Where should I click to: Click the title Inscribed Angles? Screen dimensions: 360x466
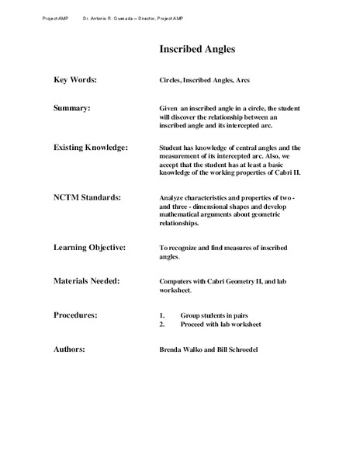pos(197,50)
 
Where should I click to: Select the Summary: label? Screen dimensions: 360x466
pos(75,107)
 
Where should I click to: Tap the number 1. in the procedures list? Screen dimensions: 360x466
pos(162,316)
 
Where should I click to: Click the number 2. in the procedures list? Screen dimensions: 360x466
pos(162,325)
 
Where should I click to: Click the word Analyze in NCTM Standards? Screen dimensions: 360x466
pos(172,198)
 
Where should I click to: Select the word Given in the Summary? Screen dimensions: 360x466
pos(168,107)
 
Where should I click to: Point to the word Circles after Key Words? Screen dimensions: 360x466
pos(171,80)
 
